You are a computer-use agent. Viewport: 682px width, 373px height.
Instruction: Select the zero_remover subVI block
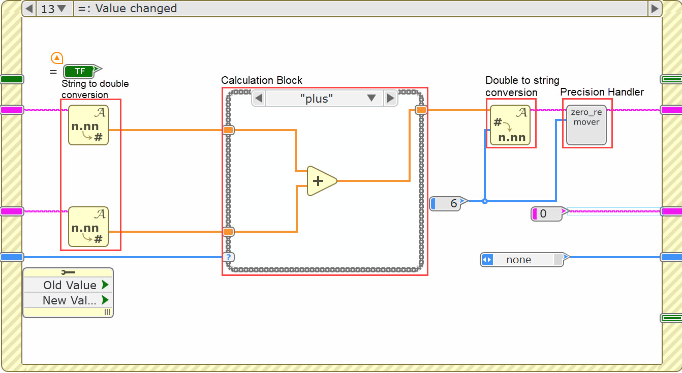pyautogui.click(x=586, y=125)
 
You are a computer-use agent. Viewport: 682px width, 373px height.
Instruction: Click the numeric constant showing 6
pyautogui.click(x=446, y=204)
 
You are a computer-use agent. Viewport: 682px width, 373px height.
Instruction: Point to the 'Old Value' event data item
pyautogui.click(x=68, y=285)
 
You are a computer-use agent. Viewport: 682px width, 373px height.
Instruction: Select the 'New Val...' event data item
pyautogui.click(x=68, y=300)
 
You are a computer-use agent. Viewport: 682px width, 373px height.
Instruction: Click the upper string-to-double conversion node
pyautogui.click(x=88, y=125)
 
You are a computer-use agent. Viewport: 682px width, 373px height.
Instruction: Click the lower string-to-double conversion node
pyautogui.click(x=88, y=227)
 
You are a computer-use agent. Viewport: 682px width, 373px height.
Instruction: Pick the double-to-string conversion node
pyautogui.click(x=510, y=125)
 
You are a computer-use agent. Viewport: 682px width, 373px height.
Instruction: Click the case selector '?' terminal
pyautogui.click(x=229, y=257)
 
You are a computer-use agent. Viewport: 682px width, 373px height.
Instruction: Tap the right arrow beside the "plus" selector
pyautogui.click(x=390, y=98)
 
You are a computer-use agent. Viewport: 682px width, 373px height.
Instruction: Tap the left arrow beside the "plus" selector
pyautogui.click(x=259, y=98)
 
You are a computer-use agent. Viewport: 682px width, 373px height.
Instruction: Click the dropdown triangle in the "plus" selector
pyautogui.click(x=371, y=98)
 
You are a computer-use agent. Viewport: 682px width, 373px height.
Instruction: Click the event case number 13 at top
pyautogui.click(x=48, y=9)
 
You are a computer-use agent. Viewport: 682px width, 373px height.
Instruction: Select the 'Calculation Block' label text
pyautogui.click(x=262, y=80)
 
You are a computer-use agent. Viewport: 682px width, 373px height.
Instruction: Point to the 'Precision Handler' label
pyautogui.click(x=602, y=92)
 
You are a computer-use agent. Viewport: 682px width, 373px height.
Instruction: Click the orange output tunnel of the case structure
pyautogui.click(x=421, y=110)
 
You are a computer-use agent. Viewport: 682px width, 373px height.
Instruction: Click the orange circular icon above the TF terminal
pyautogui.click(x=57, y=57)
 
